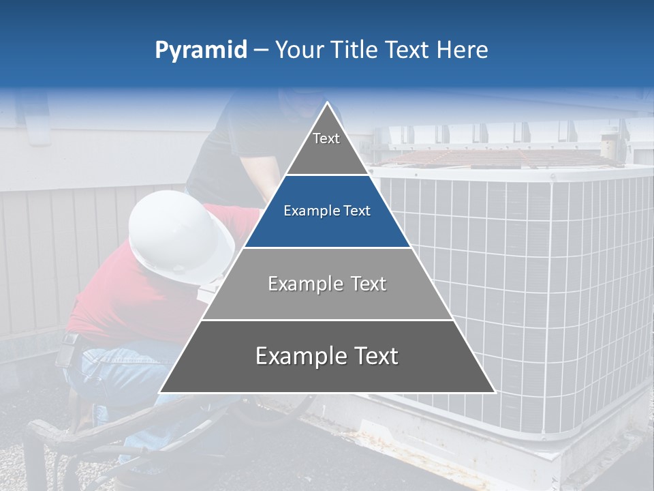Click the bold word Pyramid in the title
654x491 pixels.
click(200, 50)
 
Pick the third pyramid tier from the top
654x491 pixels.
click(327, 284)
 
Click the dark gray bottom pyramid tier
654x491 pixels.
click(327, 356)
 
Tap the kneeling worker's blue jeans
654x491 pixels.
click(116, 375)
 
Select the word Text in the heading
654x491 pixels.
click(408, 50)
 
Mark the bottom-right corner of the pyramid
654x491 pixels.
click(495, 392)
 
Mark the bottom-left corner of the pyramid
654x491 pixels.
click(159, 392)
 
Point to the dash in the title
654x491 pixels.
click(261, 50)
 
